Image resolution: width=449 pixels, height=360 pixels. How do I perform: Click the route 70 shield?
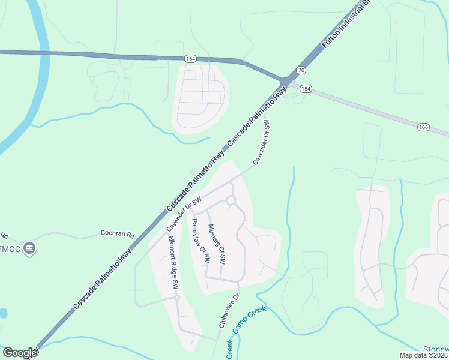tap(301, 70)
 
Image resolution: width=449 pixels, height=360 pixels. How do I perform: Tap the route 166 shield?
tap(424, 127)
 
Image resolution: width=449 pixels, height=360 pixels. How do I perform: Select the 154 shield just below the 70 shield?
tap(306, 89)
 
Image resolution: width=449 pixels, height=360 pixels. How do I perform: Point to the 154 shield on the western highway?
tap(190, 58)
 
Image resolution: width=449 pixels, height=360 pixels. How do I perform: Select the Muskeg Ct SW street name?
tap(216, 245)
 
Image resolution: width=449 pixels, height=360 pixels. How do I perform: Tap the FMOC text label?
tap(9, 248)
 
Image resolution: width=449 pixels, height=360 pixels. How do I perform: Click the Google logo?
tap(20, 353)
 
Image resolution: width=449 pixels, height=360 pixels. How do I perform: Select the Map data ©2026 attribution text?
tap(424, 355)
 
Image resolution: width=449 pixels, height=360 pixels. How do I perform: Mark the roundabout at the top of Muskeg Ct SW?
tap(231, 200)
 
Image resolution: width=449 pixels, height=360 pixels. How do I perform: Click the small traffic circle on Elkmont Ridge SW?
tap(176, 297)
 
